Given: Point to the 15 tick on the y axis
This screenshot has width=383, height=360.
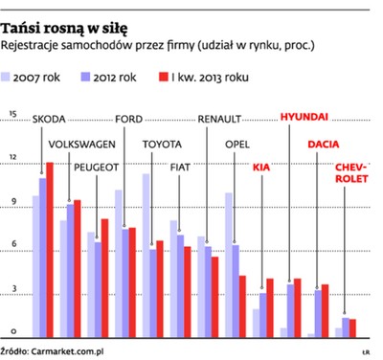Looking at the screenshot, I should click(x=12, y=115).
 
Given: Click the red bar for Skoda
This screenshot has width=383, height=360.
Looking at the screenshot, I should click(x=51, y=249).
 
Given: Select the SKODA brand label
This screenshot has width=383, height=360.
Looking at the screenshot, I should click(x=50, y=121).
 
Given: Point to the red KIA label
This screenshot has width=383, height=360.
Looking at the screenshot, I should click(x=261, y=168).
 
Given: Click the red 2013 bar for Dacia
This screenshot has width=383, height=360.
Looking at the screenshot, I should click(x=325, y=310).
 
